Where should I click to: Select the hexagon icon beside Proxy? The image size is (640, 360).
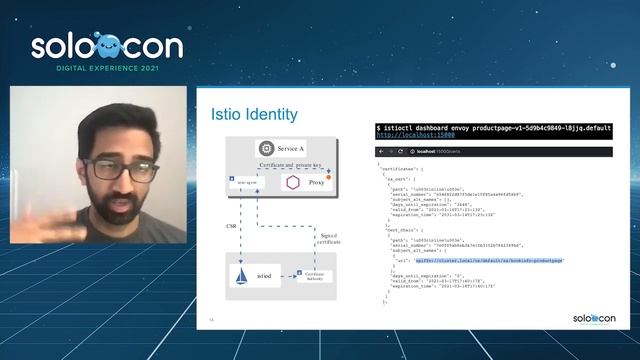[x=293, y=182]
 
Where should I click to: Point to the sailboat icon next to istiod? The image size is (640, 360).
[x=244, y=273]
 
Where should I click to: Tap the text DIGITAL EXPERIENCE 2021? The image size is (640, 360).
[x=106, y=71]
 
